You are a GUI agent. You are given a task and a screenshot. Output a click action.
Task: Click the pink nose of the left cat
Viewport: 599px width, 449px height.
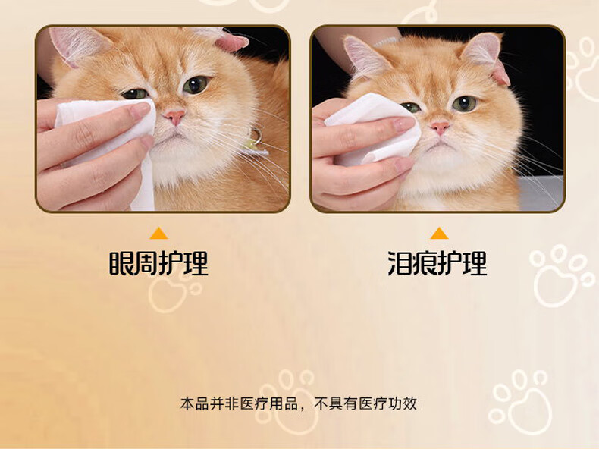pos(174,117)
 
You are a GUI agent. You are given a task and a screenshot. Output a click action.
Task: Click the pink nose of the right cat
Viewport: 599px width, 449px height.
pos(440,127)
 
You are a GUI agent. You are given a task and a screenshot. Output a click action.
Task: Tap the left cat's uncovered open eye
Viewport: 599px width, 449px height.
pos(196,84)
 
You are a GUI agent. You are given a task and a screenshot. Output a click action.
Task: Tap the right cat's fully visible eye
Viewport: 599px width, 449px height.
pos(465,104)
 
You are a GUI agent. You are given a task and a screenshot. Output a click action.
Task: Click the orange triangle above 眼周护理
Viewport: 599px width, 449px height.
pos(158,233)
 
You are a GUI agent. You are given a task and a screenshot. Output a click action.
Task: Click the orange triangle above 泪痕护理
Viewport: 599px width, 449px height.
pos(439,233)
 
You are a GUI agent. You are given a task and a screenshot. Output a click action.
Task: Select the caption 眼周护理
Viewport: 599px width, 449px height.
pos(158,263)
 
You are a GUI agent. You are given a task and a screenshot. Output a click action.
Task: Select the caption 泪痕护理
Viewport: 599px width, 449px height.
pos(437,263)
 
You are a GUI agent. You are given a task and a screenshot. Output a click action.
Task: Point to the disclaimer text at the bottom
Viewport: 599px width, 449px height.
pos(298,404)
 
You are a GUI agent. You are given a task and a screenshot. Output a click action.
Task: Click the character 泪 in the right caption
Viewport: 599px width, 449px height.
pos(400,263)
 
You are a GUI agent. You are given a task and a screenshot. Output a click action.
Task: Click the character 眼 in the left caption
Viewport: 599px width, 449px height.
pos(121,263)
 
